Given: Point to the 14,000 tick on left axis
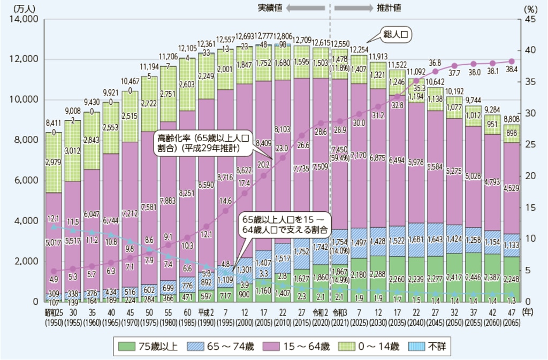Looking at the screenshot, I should coord(23,19).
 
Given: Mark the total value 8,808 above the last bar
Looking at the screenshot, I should coord(512,120).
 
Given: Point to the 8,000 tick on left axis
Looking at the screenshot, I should coord(25,140).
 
